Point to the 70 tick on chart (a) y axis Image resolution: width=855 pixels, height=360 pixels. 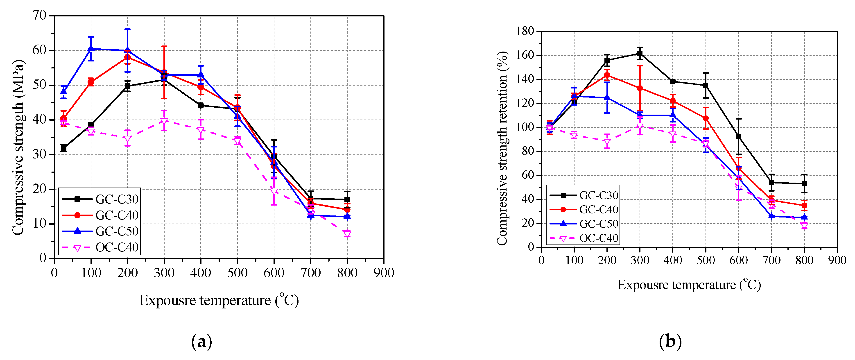39,15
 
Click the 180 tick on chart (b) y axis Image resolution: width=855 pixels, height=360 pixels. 525,31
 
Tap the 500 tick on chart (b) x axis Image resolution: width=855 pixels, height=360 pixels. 706,260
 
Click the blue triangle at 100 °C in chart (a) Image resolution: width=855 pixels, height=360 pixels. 91,48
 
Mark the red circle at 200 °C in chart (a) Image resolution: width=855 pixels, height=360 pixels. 127,57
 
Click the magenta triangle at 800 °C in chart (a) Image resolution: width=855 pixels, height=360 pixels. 347,234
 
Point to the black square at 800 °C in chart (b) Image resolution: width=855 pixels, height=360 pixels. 804,183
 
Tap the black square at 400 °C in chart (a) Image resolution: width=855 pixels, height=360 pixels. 201,106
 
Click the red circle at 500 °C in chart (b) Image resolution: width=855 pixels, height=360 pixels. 706,118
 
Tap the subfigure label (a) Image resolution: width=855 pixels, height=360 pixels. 201,341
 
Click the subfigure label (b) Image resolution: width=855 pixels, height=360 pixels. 670,341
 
